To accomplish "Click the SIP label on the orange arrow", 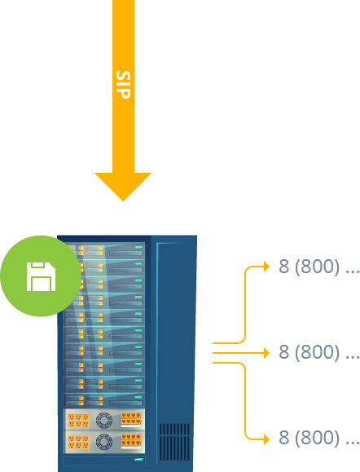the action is pyautogui.click(x=123, y=85).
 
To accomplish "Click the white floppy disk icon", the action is pyautogui.click(x=41, y=276).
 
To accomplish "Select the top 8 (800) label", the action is pyautogui.click(x=319, y=267).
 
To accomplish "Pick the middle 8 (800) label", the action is pyautogui.click(x=319, y=352).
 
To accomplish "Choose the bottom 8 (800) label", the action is pyautogui.click(x=319, y=438).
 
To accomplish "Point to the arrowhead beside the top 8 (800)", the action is pyautogui.click(x=266, y=267).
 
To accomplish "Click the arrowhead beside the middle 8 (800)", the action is pyautogui.click(x=266, y=352).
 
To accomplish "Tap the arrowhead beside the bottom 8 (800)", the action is pyautogui.click(x=266, y=439).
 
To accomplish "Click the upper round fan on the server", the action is pyautogui.click(x=104, y=420).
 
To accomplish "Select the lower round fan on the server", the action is pyautogui.click(x=104, y=442).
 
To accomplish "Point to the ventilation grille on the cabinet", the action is pyautogui.click(x=174, y=442).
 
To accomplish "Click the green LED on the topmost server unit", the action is pyautogui.click(x=138, y=247).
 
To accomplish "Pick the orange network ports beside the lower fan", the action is pyautogui.click(x=131, y=441).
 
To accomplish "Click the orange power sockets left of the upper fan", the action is pyautogui.click(x=78, y=421).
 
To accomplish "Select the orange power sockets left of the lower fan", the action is pyautogui.click(x=78, y=442).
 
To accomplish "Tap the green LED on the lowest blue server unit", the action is pyautogui.click(x=138, y=397).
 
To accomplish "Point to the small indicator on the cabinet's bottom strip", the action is pyautogui.click(x=138, y=460).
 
